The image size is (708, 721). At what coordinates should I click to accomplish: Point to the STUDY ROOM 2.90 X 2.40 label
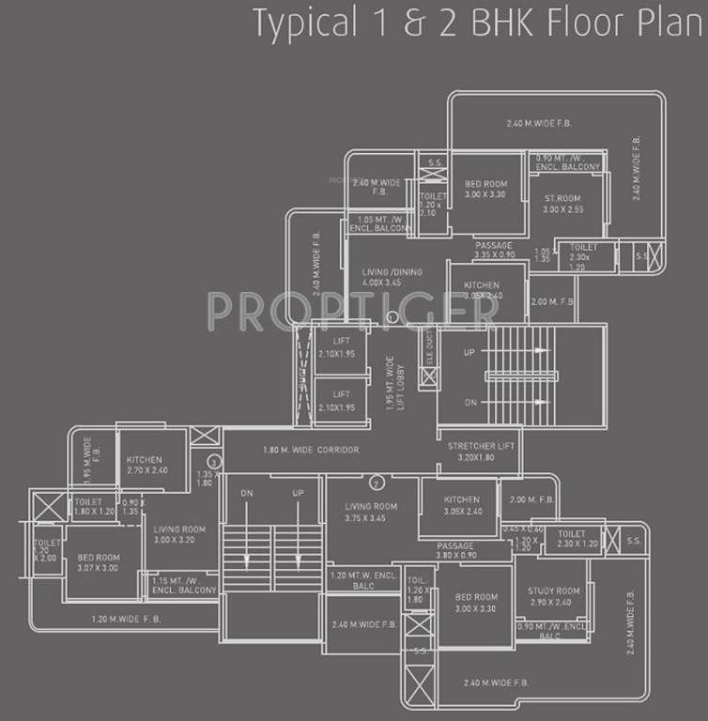[554, 596]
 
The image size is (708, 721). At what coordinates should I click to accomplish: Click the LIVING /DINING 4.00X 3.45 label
[392, 277]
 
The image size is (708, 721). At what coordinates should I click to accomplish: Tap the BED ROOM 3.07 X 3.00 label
[98, 561]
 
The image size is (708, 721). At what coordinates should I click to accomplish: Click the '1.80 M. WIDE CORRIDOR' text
[311, 451]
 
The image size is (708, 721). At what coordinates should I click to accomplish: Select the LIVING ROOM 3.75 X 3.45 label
[371, 512]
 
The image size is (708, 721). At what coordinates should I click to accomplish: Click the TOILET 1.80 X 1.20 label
[93, 508]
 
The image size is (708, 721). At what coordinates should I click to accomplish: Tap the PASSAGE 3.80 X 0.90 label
[455, 550]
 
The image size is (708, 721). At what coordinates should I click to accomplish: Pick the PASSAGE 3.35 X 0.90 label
[495, 250]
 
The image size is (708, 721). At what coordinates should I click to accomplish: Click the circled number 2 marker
[377, 484]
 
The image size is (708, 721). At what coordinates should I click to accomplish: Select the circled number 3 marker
[214, 462]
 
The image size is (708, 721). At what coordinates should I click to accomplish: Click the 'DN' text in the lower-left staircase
[246, 493]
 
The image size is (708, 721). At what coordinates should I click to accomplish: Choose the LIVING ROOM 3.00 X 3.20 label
[179, 534]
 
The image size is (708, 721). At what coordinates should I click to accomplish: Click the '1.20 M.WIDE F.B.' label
[129, 619]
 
